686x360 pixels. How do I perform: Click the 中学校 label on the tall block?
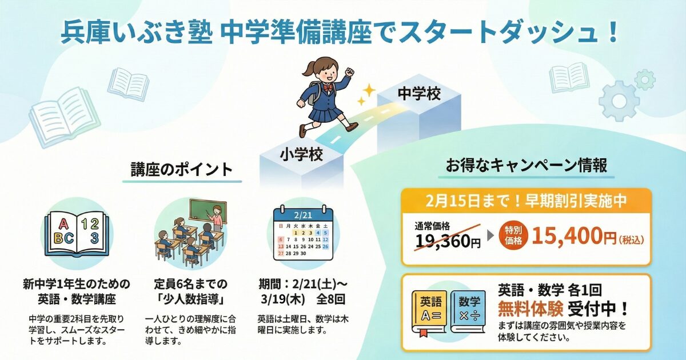(419, 93)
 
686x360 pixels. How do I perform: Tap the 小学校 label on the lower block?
(301, 153)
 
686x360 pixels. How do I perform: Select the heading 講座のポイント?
(182, 170)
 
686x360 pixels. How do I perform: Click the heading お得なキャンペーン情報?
(526, 166)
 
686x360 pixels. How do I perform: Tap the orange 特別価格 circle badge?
(513, 235)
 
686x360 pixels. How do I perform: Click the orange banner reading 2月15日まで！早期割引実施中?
(526, 201)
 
